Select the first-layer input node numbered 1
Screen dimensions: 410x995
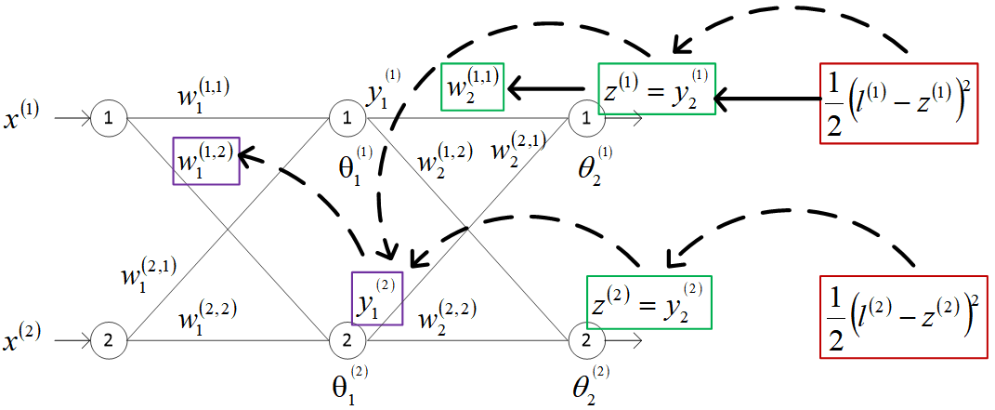(x=110, y=119)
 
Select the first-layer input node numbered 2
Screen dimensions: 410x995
(x=110, y=340)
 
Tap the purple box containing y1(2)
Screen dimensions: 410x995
(x=377, y=298)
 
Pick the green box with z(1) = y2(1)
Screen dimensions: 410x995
(x=657, y=88)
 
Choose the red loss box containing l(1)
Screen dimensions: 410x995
(x=898, y=103)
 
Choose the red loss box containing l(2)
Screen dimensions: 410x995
(x=898, y=316)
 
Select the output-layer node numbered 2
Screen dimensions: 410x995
(x=585, y=340)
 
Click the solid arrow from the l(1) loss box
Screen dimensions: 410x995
(x=767, y=96)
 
